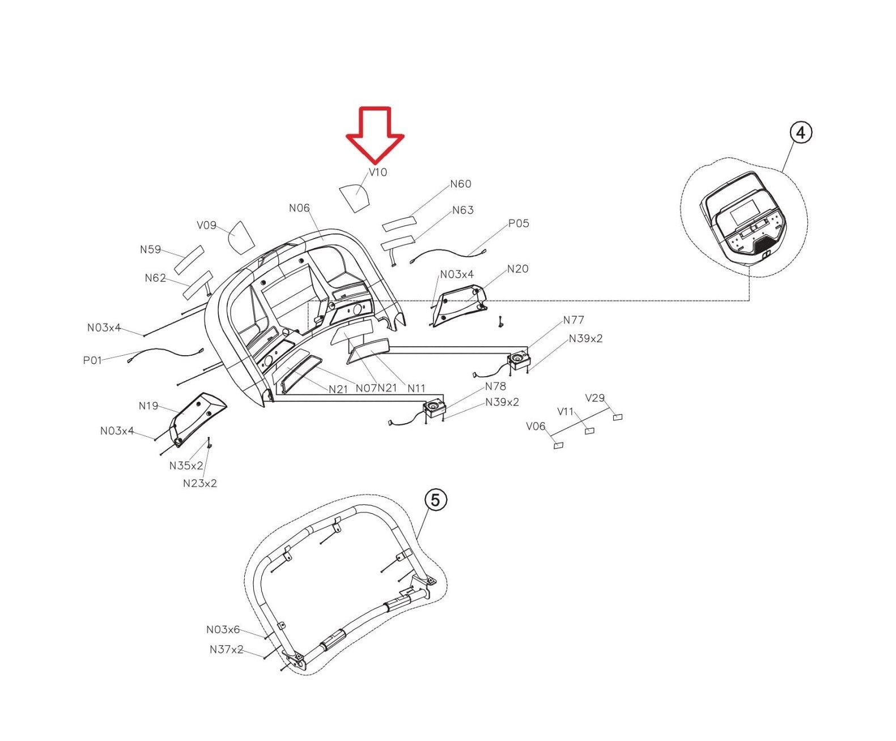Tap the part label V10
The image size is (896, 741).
[378, 172]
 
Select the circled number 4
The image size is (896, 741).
[800, 133]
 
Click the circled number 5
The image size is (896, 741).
[435, 500]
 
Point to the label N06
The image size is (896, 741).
[299, 208]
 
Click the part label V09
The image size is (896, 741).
[206, 225]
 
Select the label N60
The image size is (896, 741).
[461, 184]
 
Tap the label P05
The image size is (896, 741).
[518, 223]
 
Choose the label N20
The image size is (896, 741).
[517, 269]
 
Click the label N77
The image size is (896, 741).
[574, 320]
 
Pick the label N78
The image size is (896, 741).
[495, 386]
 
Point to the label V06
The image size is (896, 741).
[536, 426]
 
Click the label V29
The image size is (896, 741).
[594, 398]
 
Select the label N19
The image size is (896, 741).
[148, 406]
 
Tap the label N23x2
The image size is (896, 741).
[199, 483]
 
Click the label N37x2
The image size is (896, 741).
[226, 649]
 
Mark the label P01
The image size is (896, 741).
[92, 360]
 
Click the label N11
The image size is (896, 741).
[417, 388]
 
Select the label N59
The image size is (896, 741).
[150, 249]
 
